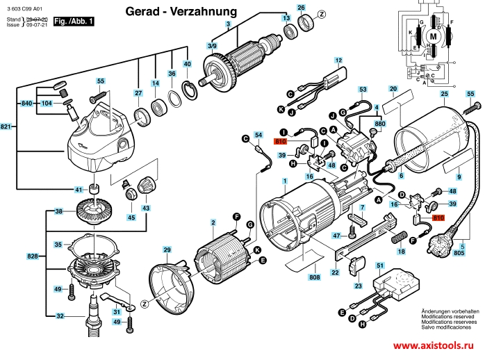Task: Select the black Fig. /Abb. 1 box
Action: coord(74,22)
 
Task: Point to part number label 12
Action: coord(338,60)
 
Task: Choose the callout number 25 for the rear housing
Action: coord(444,94)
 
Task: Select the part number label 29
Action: coord(167,249)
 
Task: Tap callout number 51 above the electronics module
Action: coord(379,265)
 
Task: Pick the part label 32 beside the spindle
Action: coord(60,316)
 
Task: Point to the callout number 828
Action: coord(33,256)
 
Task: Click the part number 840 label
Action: coord(27,103)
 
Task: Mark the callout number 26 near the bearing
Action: coord(301,8)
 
